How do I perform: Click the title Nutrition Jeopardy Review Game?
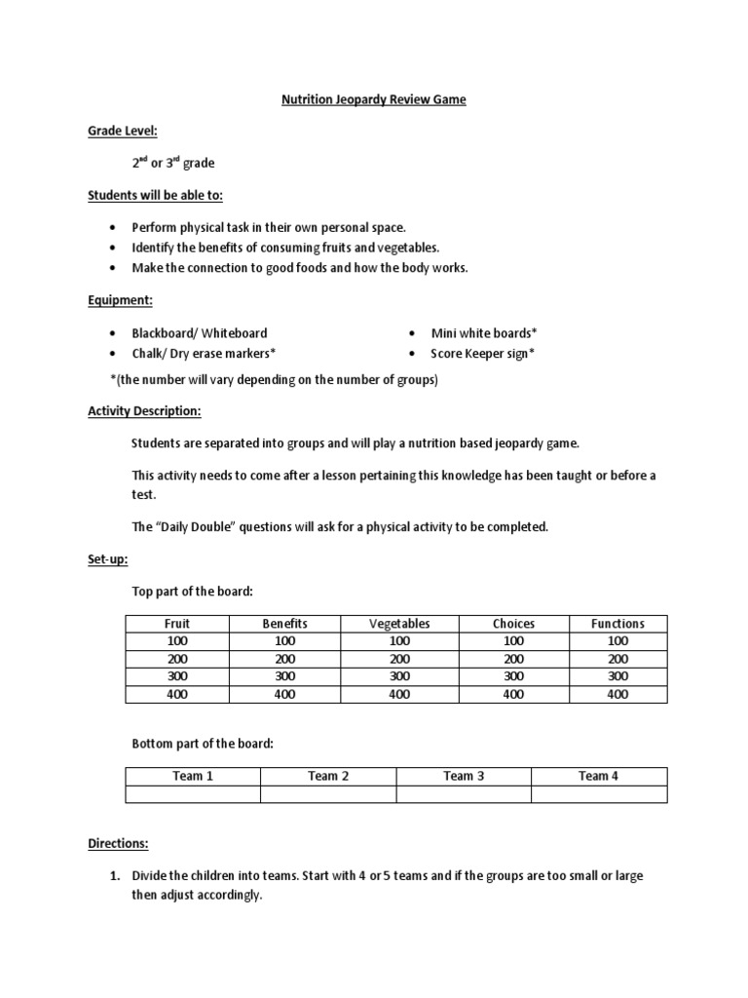[374, 100]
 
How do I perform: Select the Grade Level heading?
[123, 131]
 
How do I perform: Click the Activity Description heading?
[144, 411]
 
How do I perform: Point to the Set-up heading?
[107, 559]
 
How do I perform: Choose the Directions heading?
[118, 843]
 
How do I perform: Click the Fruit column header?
[177, 624]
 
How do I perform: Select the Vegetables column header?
[399, 624]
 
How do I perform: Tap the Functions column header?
[617, 624]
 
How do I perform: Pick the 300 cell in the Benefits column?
[284, 676]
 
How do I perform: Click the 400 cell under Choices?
[513, 695]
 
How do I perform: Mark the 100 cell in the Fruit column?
[177, 641]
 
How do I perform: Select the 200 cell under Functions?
[617, 659]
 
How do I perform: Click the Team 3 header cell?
[464, 776]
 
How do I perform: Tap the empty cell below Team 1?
[193, 794]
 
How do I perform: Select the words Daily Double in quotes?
[193, 527]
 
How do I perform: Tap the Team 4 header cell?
[599, 776]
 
